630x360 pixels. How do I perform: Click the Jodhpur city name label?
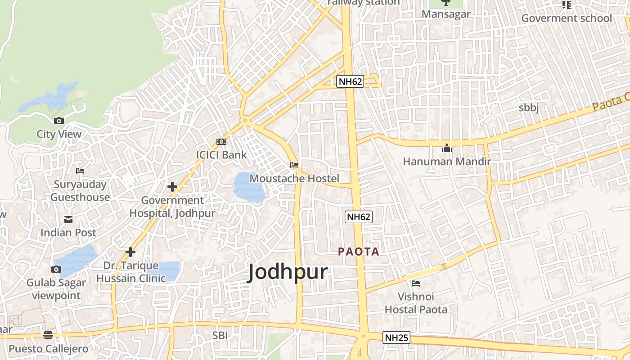(x=288, y=272)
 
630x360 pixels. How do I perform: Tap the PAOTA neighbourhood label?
(x=359, y=252)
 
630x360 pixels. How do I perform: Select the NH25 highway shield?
(x=396, y=337)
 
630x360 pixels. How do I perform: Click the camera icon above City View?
(x=59, y=121)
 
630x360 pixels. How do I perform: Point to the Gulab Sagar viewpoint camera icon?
(x=56, y=269)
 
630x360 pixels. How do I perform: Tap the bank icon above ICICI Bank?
(x=221, y=142)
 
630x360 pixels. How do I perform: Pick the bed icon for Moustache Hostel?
(x=294, y=165)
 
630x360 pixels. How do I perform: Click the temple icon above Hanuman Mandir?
(x=446, y=148)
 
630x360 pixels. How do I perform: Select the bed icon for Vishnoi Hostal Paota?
(x=416, y=283)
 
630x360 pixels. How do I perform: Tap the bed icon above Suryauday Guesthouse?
(x=80, y=171)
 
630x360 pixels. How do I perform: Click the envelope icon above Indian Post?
(x=68, y=220)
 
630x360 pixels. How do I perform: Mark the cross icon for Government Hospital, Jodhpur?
(x=172, y=186)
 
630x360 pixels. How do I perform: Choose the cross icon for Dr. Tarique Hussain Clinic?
(x=130, y=252)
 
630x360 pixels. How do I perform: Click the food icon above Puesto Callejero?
(x=48, y=335)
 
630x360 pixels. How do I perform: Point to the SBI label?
(x=220, y=335)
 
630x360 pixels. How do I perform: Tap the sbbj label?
(x=529, y=108)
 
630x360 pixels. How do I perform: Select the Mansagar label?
(x=446, y=14)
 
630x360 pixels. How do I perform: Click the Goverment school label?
(x=567, y=18)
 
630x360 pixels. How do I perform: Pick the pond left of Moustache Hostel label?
(x=247, y=187)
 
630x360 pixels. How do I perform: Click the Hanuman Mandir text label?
(x=446, y=161)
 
